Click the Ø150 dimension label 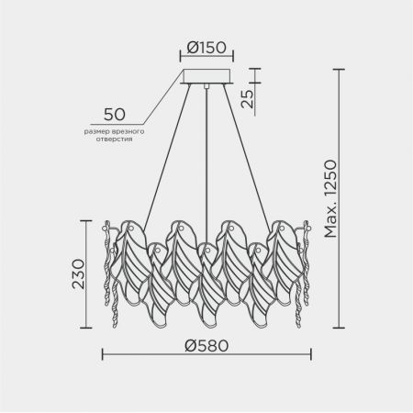pos(206,48)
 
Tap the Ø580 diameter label pos(206,346)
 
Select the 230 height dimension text pos(78,274)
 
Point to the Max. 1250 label pos(330,199)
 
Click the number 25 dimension pos(248,99)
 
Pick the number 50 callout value pos(115,115)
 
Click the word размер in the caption pos(94,132)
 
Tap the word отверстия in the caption pos(114,140)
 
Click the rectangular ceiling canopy pos(206,76)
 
